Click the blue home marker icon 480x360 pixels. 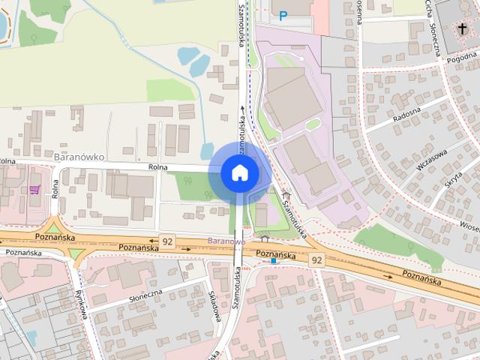tap(239, 173)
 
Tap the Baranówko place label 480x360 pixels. tap(79, 157)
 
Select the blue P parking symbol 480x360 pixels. tap(283, 14)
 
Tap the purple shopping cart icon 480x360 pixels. tap(34, 190)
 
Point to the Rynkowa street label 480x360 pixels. tap(82, 304)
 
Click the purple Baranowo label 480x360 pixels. tap(226, 241)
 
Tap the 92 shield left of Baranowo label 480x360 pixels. tap(166, 241)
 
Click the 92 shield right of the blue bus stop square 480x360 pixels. tap(316, 259)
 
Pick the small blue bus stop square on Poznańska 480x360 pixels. tap(274, 262)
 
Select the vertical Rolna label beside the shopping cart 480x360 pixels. tap(55, 189)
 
